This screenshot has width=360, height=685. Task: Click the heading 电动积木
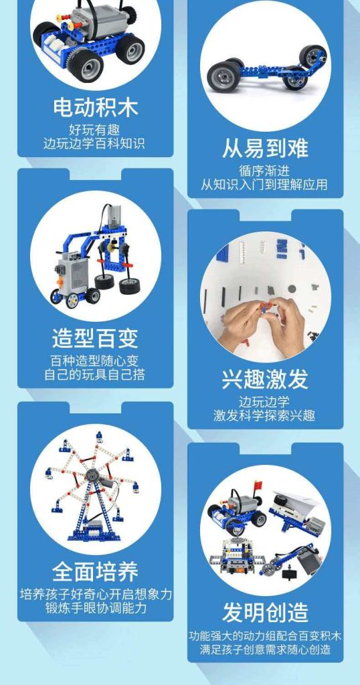click(95, 107)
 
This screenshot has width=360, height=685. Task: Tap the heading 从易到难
click(265, 149)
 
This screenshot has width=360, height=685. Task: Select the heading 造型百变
click(95, 338)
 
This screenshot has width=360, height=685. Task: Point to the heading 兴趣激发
click(265, 379)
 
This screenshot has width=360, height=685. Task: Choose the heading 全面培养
click(95, 572)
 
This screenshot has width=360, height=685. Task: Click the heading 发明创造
click(265, 612)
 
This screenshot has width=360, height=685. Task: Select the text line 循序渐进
click(265, 171)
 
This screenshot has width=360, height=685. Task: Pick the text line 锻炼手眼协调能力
click(96, 609)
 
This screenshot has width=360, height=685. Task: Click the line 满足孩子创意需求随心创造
click(265, 650)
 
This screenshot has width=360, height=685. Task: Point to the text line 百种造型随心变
click(95, 361)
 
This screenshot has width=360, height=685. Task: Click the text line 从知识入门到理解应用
click(265, 185)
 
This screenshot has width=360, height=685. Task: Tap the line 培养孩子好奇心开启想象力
click(96, 594)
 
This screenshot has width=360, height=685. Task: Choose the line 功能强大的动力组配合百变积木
click(265, 635)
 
